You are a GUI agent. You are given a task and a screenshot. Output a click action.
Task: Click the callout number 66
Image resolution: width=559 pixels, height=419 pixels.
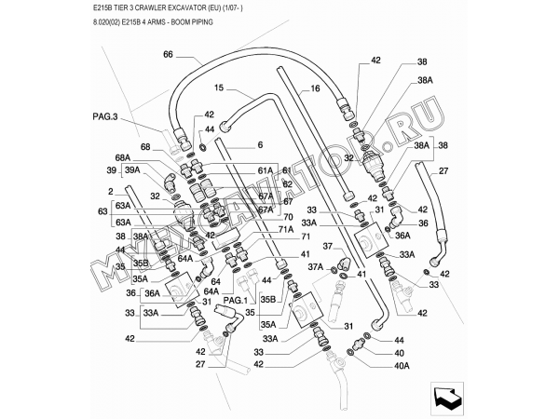coord(168,55)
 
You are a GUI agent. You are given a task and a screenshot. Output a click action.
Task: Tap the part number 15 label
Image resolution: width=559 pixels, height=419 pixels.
coord(219,88)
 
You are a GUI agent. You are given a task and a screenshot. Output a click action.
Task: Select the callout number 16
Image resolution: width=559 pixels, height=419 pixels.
coord(315,88)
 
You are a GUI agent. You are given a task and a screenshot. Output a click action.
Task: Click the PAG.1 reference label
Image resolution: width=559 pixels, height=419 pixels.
coord(232,300)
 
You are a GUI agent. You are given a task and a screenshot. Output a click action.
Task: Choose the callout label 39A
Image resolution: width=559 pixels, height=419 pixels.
coord(132,170)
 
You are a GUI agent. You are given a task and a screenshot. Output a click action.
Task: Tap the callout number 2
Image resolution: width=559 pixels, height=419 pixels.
coord(111,191)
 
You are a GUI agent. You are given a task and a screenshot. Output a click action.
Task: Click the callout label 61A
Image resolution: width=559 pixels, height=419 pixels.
coord(266,170)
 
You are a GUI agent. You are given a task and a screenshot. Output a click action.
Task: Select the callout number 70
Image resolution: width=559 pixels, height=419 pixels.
coord(288,218)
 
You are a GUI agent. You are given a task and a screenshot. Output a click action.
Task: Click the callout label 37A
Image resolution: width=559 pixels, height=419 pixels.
coord(315,267)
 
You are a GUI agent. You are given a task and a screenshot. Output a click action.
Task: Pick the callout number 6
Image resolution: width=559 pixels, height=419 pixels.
coord(260,144)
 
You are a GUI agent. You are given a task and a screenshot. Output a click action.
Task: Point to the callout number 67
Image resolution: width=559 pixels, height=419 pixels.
coord(288,202)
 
